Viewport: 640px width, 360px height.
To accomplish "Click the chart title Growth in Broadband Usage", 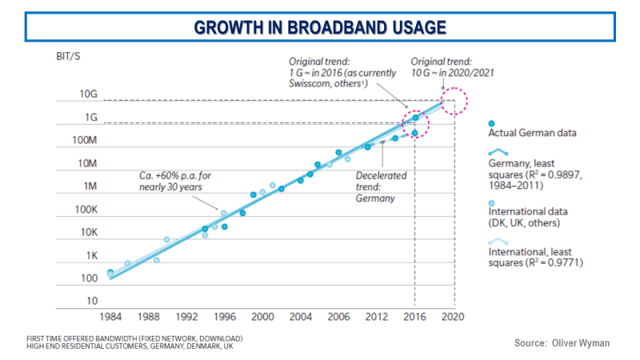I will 319,27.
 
